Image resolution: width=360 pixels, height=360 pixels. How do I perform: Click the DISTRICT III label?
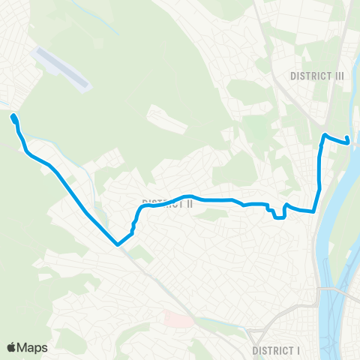click(316, 75)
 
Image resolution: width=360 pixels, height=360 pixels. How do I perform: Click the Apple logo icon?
click(11, 347)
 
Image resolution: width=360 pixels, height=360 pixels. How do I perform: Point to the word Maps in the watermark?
click(33, 347)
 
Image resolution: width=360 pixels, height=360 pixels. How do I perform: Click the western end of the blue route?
click(13, 116)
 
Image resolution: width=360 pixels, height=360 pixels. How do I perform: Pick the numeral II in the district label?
click(190, 203)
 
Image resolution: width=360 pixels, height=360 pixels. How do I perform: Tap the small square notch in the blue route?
click(278, 215)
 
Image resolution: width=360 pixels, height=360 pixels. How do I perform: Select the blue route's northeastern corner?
click(324, 135)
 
